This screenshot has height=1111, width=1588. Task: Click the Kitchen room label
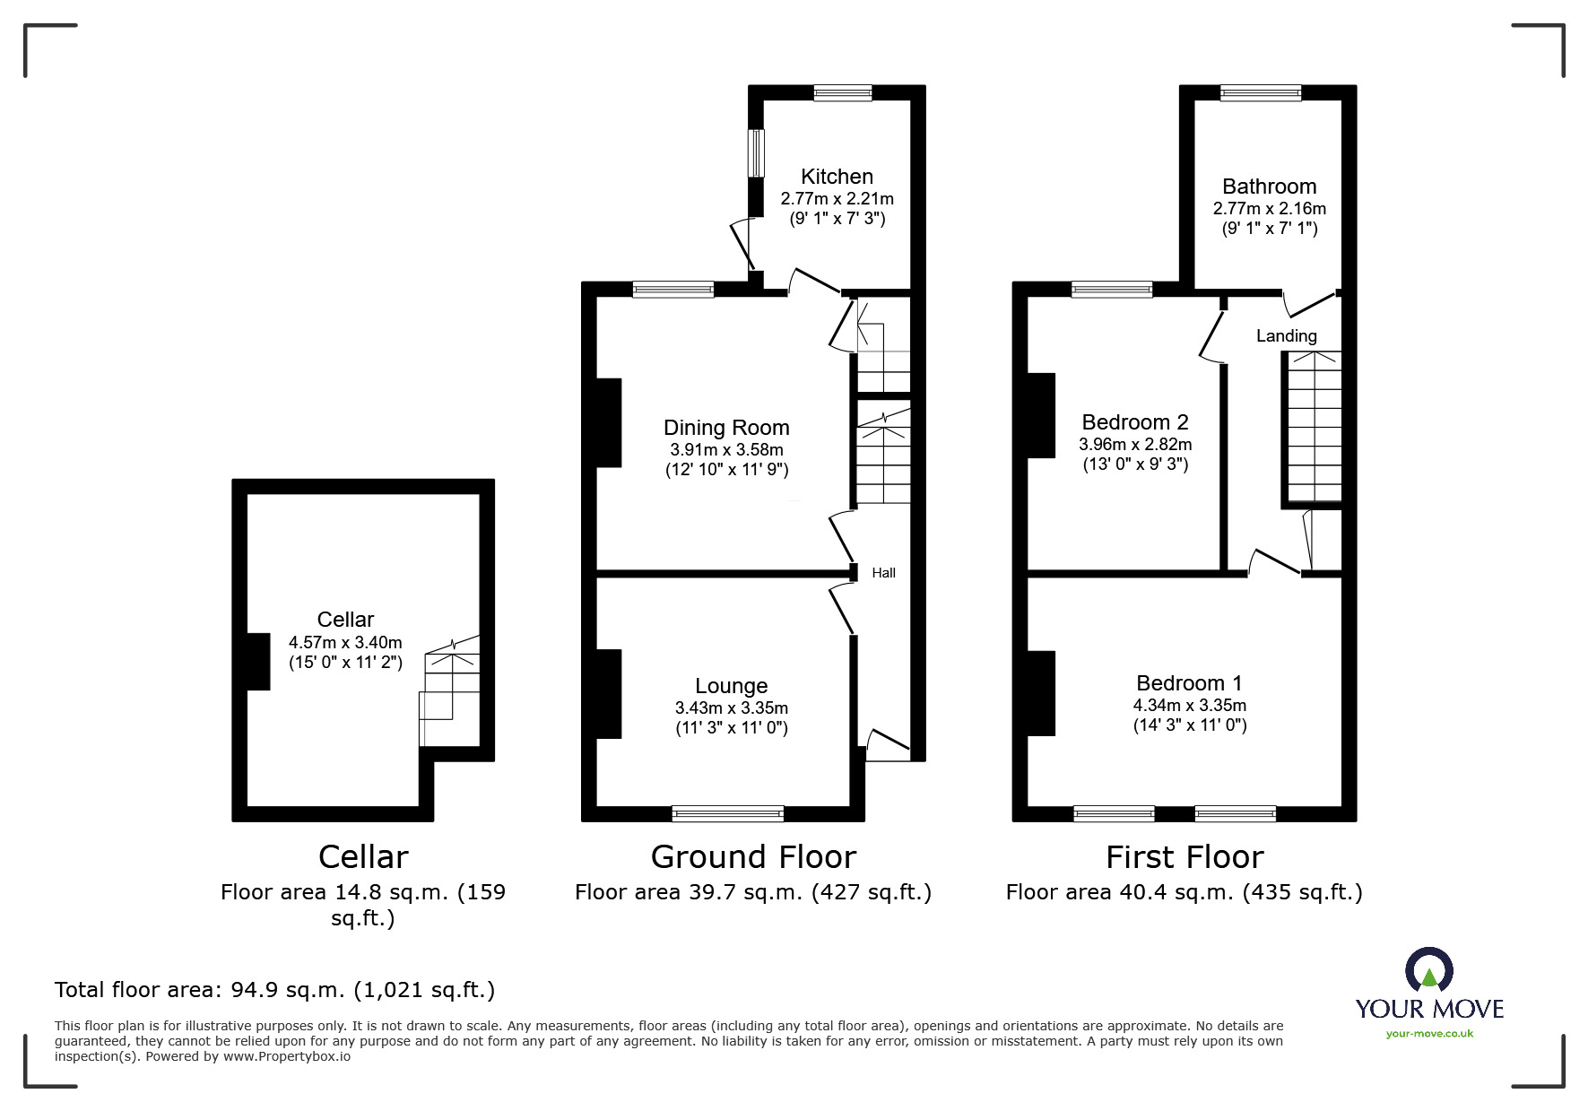(836, 177)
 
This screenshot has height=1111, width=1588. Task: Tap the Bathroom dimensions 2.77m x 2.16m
(1269, 208)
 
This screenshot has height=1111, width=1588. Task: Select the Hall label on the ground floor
(883, 573)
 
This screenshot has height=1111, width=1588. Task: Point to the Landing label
(1286, 336)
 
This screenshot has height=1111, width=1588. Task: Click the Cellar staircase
(450, 690)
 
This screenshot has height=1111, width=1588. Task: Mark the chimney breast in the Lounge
(609, 693)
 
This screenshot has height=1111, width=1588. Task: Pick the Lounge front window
(727, 813)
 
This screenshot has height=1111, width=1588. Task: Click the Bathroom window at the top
(1260, 92)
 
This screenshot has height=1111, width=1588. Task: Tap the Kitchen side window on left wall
(757, 152)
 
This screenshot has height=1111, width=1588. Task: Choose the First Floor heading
(1184, 857)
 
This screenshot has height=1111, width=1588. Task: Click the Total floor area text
(274, 990)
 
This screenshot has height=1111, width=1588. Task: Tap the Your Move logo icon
(1428, 970)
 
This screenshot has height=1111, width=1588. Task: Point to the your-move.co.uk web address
(1428, 1034)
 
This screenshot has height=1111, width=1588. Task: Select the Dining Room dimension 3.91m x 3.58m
(725, 449)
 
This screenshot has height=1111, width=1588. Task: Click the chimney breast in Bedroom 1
(1041, 692)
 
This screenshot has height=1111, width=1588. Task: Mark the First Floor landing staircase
(1315, 426)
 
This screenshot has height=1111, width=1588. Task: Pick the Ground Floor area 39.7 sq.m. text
(752, 892)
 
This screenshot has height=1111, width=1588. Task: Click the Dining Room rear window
(673, 289)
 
